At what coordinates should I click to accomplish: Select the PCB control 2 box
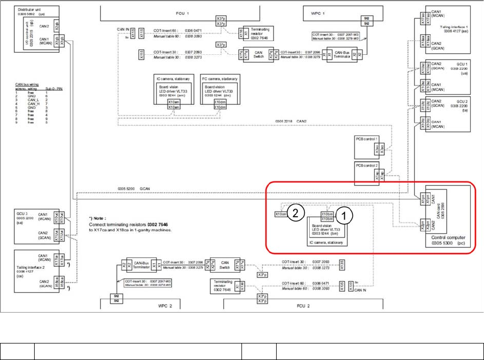[367, 166]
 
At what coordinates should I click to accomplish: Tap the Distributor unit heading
[29, 9]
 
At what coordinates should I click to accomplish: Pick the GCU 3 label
[24, 211]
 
